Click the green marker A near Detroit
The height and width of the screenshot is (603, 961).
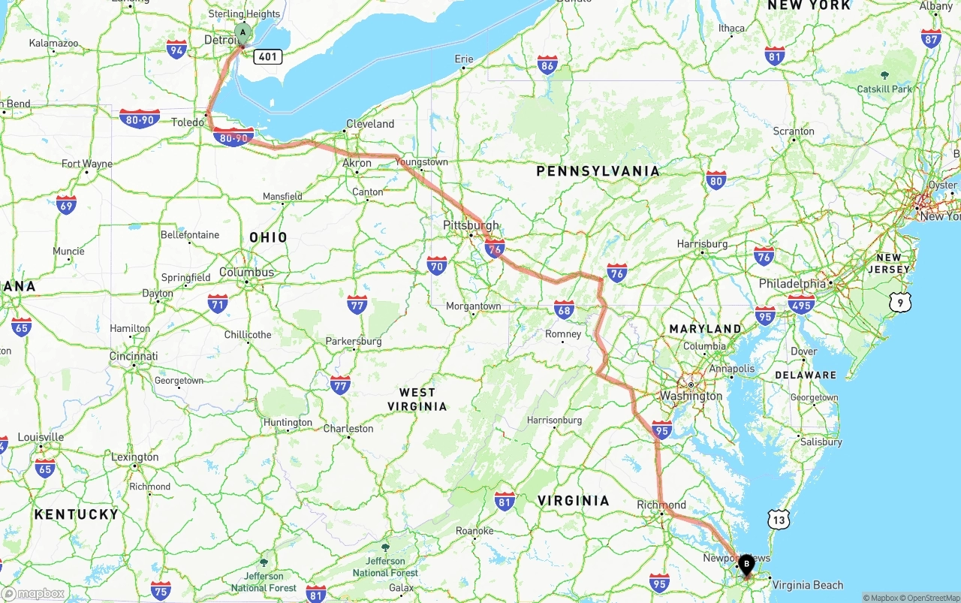coord(243,32)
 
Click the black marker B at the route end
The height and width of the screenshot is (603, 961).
coord(746,564)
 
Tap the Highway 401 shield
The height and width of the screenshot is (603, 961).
coord(267,56)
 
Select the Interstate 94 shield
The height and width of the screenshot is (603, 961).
coord(176,50)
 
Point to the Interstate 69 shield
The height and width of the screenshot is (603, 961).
coord(66,204)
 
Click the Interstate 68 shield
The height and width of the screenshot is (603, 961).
coord(564,309)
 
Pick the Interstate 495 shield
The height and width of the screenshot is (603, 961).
coord(801,303)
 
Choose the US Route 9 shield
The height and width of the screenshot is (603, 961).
coord(899,302)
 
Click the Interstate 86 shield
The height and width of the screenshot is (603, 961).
coord(547,65)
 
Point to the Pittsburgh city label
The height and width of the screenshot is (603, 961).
coord(471,225)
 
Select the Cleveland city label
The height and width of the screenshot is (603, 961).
coord(370,124)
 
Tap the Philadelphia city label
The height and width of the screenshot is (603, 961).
coord(792,284)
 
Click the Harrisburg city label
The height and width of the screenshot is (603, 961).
coord(702,244)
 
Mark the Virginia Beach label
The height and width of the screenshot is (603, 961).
coord(807,585)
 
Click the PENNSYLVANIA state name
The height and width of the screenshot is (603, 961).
coord(598,171)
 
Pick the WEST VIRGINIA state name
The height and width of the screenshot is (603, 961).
coord(417,399)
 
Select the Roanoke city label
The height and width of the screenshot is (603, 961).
coord(474,531)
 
